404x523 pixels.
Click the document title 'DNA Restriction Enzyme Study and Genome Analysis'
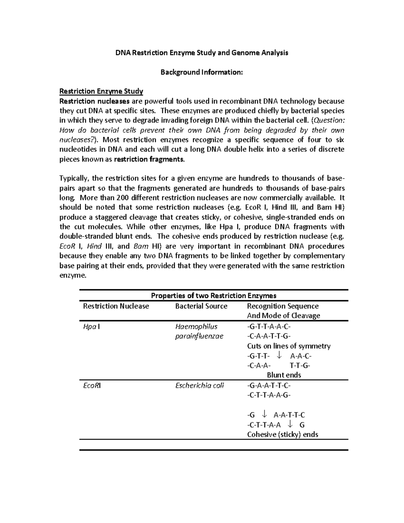click(202, 53)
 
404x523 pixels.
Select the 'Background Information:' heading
click(201, 72)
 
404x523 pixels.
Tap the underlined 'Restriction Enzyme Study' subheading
click(101, 91)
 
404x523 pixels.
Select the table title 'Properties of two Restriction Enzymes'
click(213, 296)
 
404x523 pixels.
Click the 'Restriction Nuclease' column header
click(116, 306)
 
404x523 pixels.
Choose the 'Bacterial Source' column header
click(201, 306)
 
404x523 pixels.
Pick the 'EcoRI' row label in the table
click(92, 386)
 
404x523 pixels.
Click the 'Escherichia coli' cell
click(199, 386)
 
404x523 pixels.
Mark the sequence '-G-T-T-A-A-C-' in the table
click(269, 327)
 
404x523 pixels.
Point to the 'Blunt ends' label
click(284, 375)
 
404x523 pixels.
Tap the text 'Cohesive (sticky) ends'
click(282, 434)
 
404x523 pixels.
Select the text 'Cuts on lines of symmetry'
click(289, 346)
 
